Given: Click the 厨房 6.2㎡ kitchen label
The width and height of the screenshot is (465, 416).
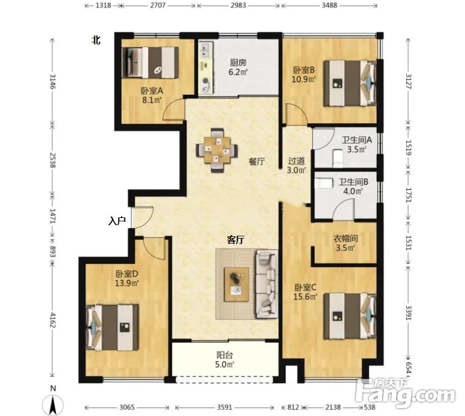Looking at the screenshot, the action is (238, 67).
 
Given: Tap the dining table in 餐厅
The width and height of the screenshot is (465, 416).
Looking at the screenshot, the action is (217, 150).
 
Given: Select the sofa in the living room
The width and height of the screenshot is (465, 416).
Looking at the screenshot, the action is (267, 283).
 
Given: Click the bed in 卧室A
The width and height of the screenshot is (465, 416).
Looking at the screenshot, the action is (150, 63).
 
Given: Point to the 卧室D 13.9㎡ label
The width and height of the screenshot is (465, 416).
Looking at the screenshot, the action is (127, 278).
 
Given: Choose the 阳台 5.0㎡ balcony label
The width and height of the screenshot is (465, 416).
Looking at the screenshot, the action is (225, 359).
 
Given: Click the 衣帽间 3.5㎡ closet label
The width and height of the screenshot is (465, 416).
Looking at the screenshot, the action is (345, 243).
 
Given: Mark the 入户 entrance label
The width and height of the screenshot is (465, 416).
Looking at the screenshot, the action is (117, 221).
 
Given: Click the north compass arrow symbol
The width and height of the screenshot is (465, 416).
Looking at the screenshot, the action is (53, 405).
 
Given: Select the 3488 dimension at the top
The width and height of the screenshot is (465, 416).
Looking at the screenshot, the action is (329, 6).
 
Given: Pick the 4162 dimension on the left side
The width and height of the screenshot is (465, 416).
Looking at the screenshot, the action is (53, 319).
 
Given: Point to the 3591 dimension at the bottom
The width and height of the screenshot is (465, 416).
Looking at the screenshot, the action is (225, 407).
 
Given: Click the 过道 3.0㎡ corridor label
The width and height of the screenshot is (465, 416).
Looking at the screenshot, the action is (296, 165).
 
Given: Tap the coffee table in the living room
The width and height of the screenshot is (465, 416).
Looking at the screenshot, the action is (236, 285).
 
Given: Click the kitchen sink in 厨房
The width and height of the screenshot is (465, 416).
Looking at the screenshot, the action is (206, 50).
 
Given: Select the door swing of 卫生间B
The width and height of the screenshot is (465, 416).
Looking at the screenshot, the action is (343, 209).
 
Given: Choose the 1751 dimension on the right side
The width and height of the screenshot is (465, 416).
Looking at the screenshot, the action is (408, 195).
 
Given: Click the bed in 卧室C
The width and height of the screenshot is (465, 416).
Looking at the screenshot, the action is (350, 316).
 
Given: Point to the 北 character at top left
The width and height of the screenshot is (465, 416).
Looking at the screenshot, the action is (96, 40).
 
